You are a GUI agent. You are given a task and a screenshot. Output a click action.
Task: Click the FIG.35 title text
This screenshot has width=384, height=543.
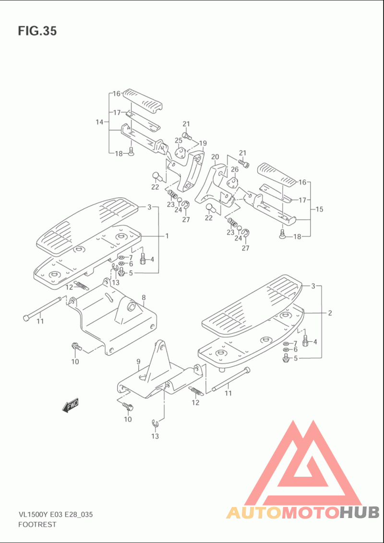[x=37, y=31]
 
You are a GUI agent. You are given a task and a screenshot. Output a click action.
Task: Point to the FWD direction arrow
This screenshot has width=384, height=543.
[x=71, y=405]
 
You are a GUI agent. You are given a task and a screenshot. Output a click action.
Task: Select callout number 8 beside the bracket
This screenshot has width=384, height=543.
[x=144, y=298]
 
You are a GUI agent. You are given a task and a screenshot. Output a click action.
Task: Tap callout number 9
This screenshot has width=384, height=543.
[x=138, y=362]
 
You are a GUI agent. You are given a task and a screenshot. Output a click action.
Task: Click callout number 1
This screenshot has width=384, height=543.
[x=167, y=236]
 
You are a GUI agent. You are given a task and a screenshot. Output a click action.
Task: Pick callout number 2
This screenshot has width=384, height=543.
[x=330, y=313]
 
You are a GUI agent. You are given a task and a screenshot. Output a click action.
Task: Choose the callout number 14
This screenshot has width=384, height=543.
[x=100, y=122]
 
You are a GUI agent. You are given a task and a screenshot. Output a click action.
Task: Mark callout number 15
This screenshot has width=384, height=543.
[x=319, y=209]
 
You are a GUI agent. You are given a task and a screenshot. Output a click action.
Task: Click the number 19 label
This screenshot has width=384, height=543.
[x=203, y=143]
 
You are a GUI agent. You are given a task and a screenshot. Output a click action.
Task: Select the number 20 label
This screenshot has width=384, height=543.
[x=215, y=157]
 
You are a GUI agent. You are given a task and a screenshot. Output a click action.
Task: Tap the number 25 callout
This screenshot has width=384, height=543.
[x=179, y=140]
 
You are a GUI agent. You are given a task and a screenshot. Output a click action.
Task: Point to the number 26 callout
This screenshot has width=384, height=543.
[x=235, y=169]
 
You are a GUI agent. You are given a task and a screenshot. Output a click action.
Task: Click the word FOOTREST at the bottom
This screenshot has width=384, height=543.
[x=36, y=524]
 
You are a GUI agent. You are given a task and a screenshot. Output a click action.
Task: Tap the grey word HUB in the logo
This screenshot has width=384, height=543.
[x=359, y=512]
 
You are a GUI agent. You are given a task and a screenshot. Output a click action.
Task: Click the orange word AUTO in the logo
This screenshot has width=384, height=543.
[x=254, y=512]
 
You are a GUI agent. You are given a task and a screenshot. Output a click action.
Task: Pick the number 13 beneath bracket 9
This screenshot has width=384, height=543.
[x=155, y=436]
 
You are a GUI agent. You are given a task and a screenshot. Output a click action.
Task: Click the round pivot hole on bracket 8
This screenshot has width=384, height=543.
[x=132, y=306]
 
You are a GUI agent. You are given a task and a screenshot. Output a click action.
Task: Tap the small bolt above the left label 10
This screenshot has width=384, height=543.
[x=75, y=346]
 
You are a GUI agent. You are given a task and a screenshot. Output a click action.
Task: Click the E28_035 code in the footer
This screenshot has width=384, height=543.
[x=79, y=515]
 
